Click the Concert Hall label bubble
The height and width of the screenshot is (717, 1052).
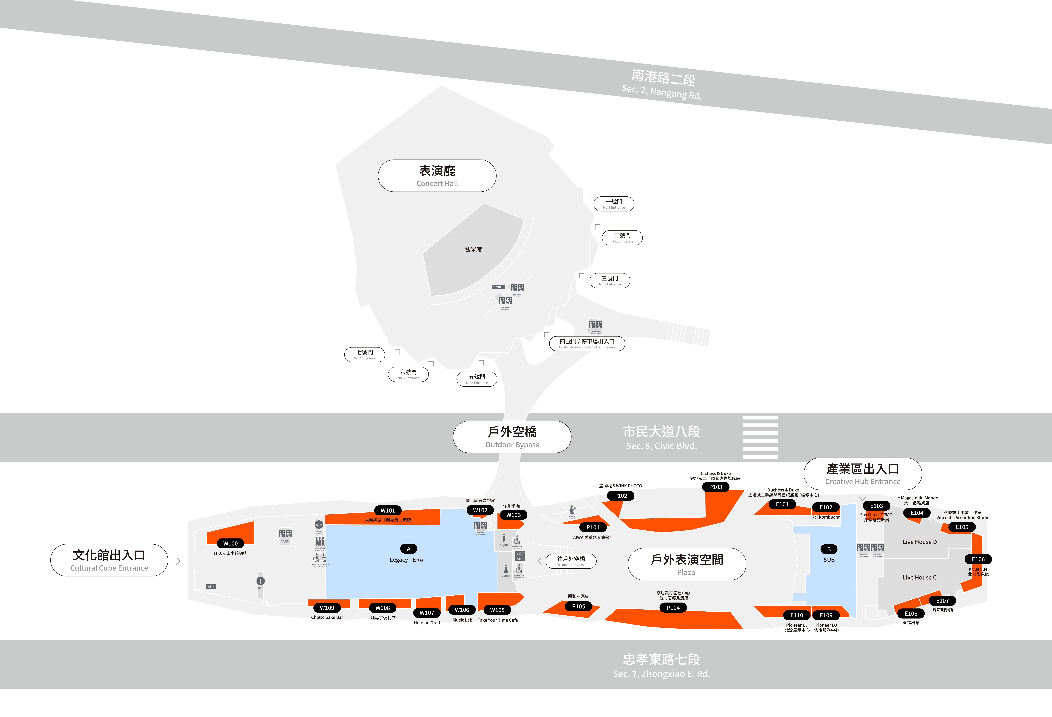pos(437,176)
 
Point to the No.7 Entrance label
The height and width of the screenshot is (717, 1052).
pos(364,354)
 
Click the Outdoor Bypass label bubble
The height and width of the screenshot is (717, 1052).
pos(512,437)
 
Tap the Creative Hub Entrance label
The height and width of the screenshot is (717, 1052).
pos(862,474)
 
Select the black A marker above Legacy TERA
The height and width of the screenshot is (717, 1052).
pos(408,549)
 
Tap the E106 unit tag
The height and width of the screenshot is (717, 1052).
pos(978,559)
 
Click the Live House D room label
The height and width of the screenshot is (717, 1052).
pos(919,542)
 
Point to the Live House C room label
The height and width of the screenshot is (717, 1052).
pos(919,577)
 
